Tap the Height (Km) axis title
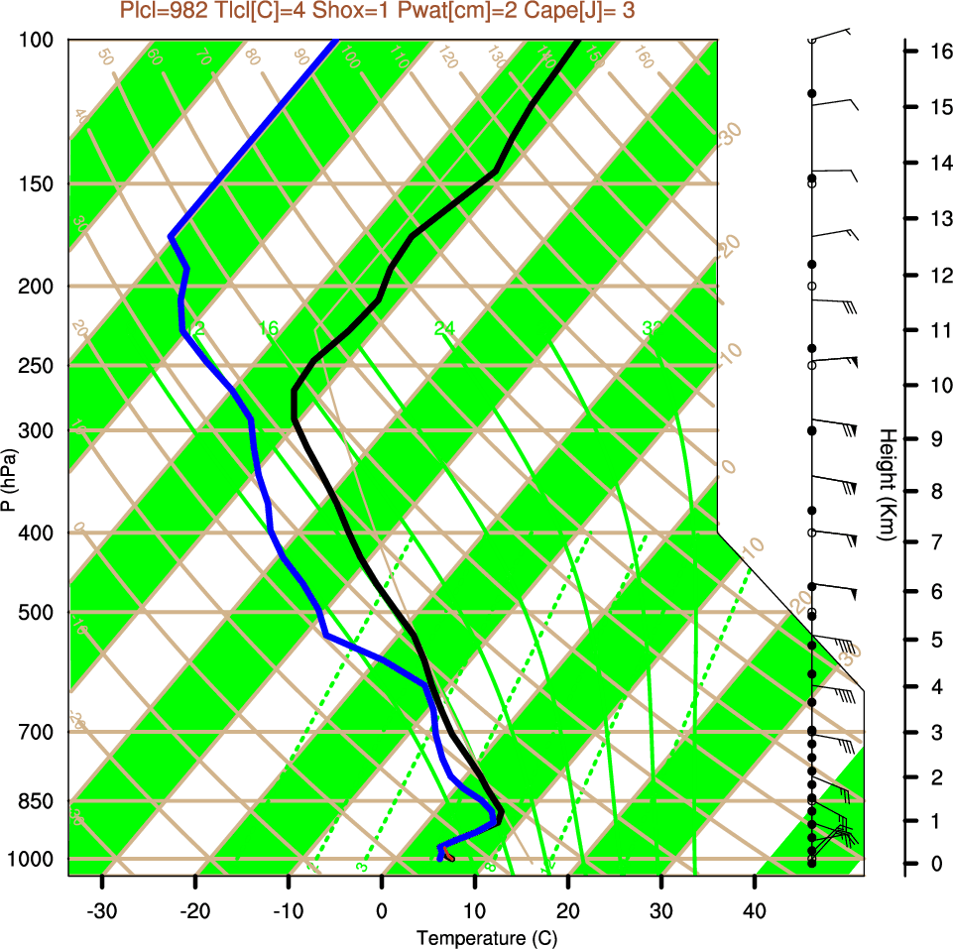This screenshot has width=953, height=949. [x=887, y=485]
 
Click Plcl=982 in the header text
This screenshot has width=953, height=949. [x=162, y=11]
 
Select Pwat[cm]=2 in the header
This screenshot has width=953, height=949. [x=446, y=11]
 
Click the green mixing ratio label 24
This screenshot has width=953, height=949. [x=443, y=328]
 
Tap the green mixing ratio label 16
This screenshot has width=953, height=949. [x=268, y=328]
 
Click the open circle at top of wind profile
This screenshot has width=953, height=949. [x=811, y=40]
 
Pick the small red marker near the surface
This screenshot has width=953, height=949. [x=449, y=855]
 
